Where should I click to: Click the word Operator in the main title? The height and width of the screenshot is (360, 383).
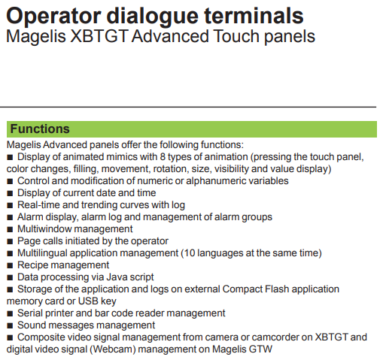pos(53,17)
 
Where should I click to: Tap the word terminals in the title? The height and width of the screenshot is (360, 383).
pos(254,16)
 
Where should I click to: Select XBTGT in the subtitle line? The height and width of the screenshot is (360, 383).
pos(99,36)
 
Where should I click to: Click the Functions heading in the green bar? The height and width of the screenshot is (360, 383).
pos(40,129)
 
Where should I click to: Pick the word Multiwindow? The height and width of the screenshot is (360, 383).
pos(44,229)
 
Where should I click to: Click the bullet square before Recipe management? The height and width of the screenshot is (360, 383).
pos(10,265)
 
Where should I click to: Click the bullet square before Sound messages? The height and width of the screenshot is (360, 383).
pos(10,325)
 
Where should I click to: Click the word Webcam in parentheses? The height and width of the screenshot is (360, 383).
pos(113,349)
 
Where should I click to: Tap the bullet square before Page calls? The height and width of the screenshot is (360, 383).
pos(10,241)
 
